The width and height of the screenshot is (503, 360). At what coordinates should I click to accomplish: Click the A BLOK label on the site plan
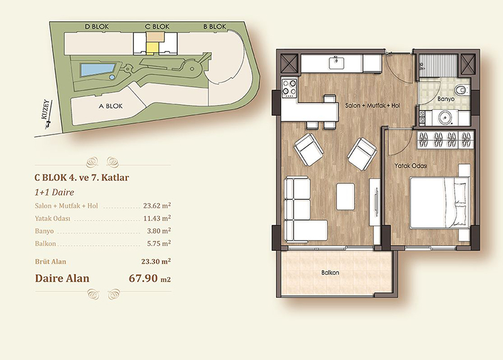[x=111, y=106]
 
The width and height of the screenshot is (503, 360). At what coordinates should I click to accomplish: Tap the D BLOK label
[x=97, y=26]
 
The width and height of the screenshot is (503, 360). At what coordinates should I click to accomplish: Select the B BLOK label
[x=214, y=26]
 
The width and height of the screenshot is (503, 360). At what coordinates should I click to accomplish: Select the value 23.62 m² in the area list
[x=157, y=205]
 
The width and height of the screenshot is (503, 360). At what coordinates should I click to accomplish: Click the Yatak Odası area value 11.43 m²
[x=157, y=218]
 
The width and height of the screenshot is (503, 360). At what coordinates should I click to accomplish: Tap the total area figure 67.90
[x=143, y=278]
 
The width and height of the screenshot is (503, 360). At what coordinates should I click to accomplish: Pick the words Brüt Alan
[x=50, y=261]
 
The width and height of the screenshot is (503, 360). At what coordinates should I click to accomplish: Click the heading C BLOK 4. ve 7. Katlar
[x=82, y=178]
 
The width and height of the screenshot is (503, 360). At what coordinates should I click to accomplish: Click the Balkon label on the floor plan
[x=330, y=273]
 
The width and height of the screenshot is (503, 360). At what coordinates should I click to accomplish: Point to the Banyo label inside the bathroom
[x=446, y=99]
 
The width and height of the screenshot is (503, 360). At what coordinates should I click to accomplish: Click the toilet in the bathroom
[x=462, y=89]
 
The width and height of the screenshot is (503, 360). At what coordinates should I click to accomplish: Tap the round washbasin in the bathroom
[x=445, y=117]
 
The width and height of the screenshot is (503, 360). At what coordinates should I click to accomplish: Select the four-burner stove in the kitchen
[x=289, y=88]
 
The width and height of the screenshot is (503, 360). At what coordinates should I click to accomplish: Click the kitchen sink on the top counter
[x=336, y=63]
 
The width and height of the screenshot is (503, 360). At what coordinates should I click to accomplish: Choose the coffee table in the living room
[x=345, y=197]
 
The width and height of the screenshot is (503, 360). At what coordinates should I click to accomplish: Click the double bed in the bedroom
[x=439, y=202]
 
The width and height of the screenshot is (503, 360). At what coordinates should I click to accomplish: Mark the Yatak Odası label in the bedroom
[x=411, y=166]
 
